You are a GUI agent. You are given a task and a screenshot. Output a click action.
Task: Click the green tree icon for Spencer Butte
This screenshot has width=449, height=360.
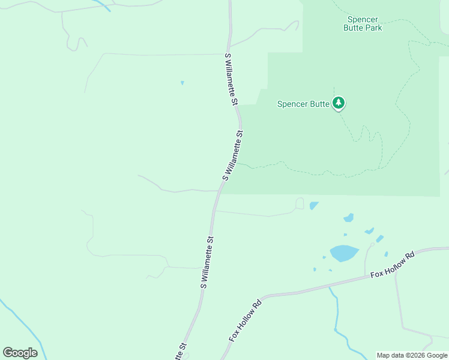tap(339, 103)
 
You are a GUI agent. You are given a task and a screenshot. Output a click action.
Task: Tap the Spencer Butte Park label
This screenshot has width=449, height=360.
tap(363, 23)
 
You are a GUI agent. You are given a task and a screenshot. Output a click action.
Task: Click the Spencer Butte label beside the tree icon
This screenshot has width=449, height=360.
tap(303, 104)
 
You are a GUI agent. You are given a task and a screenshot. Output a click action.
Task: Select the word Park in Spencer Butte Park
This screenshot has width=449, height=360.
tap(372, 28)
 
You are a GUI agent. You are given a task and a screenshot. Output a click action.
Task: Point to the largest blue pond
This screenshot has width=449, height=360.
tap(344, 253)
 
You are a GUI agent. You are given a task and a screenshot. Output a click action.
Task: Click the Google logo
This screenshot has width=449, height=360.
tap(20, 352)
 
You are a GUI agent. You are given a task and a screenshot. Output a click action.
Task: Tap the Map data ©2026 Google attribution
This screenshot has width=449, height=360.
tap(412, 355)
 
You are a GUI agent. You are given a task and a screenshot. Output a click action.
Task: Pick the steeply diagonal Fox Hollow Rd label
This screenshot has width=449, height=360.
tap(246, 320)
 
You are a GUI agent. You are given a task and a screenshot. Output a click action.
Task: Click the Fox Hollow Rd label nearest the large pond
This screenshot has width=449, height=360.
tap(393, 265)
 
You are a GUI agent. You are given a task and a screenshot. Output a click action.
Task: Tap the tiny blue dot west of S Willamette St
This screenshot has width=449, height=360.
tap(182, 83)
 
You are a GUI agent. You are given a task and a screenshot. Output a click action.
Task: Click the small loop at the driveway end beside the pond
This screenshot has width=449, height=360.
tap(300, 203)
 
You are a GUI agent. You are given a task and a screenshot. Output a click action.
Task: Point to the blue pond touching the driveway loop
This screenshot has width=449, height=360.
tap(313, 206)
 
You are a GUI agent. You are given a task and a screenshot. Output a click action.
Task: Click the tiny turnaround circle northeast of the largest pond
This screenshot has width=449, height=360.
tap(373, 244)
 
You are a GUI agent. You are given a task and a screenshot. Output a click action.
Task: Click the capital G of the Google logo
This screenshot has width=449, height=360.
tap(8, 352)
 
